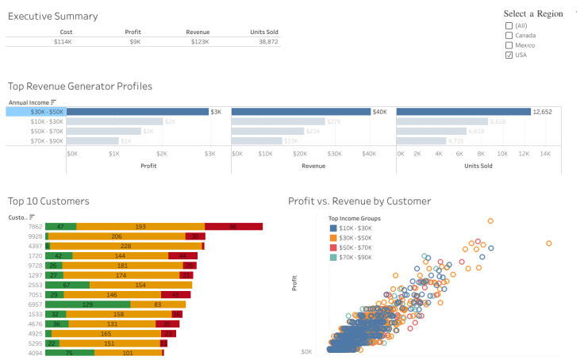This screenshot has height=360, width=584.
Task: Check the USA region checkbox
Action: pyautogui.click(x=509, y=55)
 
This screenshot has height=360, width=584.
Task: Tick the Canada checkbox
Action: pyautogui.click(x=509, y=35)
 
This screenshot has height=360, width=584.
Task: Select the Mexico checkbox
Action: pyautogui.click(x=509, y=45)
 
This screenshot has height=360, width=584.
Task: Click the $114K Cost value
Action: pyautogui.click(x=63, y=40)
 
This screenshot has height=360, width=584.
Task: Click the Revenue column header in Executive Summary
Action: pyautogui.click(x=198, y=32)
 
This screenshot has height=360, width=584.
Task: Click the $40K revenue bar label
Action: pyautogui.click(x=379, y=112)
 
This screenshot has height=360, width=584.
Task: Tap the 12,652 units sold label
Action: pyautogui.click(x=542, y=112)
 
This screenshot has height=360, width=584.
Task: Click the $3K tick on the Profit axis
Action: pyautogui.click(x=209, y=153)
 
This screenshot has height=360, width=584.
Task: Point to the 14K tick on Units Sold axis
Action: pyautogui.click(x=544, y=153)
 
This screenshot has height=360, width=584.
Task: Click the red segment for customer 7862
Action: pyautogui.click(x=233, y=227)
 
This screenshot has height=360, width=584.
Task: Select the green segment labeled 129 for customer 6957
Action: pyautogui.click(x=88, y=304)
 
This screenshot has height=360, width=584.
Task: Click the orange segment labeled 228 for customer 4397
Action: pyautogui.click(x=125, y=246)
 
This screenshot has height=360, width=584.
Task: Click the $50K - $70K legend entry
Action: pyautogui.click(x=356, y=247)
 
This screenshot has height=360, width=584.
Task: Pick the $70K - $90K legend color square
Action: pyautogui.click(x=333, y=257)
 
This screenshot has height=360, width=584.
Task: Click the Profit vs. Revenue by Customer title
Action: pyautogui.click(x=359, y=201)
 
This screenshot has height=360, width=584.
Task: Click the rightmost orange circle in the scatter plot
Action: pyautogui.click(x=549, y=243)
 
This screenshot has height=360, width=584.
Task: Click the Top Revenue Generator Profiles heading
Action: pyautogui.click(x=79, y=86)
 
